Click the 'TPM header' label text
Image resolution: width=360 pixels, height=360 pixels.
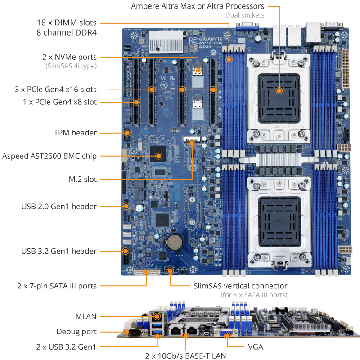click(x=75, y=133)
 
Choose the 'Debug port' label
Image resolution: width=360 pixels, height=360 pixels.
click(x=76, y=332)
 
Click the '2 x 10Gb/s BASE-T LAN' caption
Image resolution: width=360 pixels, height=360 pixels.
click(x=185, y=355)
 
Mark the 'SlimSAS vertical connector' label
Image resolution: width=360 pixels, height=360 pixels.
click(x=240, y=286)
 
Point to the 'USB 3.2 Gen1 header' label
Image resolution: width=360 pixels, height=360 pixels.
click(x=59, y=251)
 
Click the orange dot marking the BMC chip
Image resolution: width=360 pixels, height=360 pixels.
click(x=158, y=156)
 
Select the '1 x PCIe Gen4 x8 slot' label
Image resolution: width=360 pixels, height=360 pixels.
click(x=59, y=102)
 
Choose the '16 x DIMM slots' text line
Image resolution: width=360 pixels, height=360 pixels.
click(x=66, y=22)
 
